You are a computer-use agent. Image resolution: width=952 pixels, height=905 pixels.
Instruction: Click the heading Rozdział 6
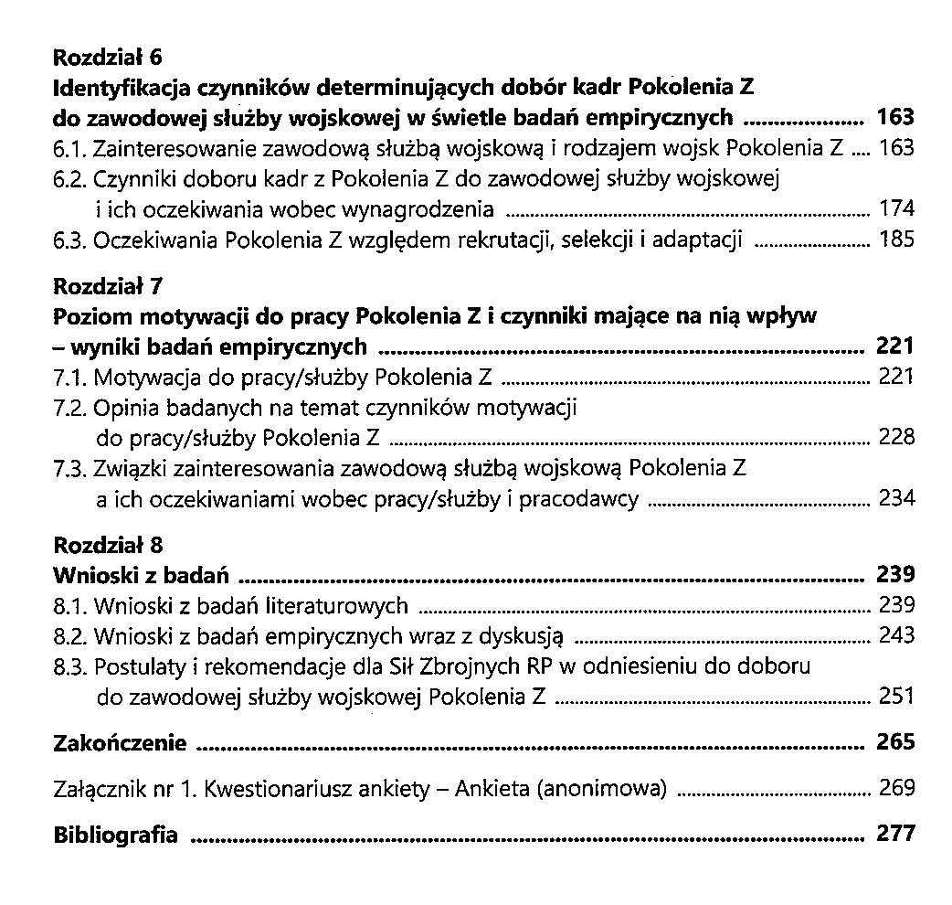108,59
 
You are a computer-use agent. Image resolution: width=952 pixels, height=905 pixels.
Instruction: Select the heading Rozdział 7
108,286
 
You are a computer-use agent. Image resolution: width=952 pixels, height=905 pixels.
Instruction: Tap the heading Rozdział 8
108,546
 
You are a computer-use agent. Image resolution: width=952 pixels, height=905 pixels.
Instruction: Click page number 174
895,209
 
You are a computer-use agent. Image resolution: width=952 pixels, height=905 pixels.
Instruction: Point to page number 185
895,240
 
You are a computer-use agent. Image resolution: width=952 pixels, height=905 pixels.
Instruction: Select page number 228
895,437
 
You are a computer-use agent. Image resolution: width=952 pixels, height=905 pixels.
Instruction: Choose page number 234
895,498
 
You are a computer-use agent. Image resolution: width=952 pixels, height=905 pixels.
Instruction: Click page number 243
895,635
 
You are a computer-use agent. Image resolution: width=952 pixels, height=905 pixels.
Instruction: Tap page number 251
895,696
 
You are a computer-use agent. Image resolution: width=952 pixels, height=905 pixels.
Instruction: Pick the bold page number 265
895,741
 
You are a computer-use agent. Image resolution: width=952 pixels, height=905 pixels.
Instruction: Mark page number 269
895,788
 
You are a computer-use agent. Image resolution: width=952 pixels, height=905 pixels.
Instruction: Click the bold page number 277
895,834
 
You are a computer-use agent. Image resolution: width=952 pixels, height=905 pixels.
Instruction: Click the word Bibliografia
116,836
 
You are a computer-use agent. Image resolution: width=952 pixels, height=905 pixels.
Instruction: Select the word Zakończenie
121,743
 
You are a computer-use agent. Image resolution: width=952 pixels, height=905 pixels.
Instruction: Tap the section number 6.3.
70,241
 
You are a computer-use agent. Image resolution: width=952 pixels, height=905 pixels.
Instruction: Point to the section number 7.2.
70,408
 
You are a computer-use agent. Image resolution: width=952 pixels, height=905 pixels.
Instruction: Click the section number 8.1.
70,606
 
